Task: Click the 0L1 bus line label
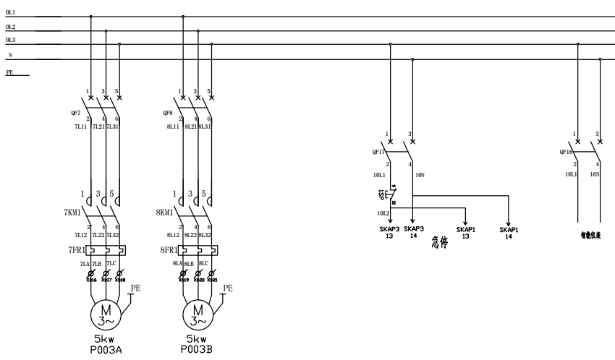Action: [10, 13]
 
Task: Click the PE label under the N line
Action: [10, 72]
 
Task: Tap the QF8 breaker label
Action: [168, 113]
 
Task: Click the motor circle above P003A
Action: [106, 312]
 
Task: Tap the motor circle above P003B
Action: [198, 312]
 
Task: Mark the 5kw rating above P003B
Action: [198, 338]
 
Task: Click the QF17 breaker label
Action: [378, 153]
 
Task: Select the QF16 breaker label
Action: [566, 153]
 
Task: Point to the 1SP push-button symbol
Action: [384, 194]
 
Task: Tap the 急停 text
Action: [438, 242]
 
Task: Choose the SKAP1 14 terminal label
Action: [509, 233]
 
